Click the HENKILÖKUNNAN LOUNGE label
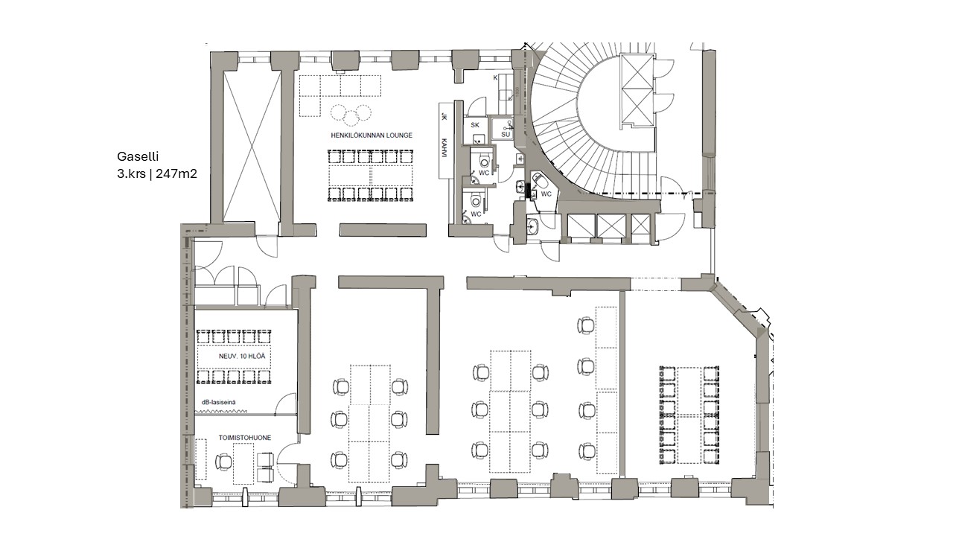point(372,135)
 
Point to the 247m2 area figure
point(176,174)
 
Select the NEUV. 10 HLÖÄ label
point(242,356)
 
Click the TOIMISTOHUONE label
point(245,438)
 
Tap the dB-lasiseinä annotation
point(219,402)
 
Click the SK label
point(475,124)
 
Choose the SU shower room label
point(506,135)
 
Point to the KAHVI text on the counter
point(444,147)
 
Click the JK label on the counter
point(444,117)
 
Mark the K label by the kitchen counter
point(495,78)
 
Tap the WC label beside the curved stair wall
point(546,194)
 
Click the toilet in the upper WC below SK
point(485,161)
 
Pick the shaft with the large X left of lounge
point(252,147)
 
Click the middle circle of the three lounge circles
point(351,118)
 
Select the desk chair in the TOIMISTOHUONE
point(223,461)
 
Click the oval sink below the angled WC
point(532,226)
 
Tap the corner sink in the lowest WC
point(468,219)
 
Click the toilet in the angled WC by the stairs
point(541,181)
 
